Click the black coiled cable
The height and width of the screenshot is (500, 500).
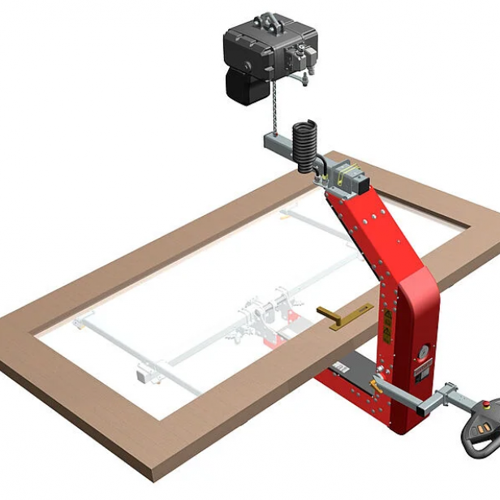click(x=306, y=144)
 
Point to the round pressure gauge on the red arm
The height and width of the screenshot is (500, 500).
click(x=423, y=351)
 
